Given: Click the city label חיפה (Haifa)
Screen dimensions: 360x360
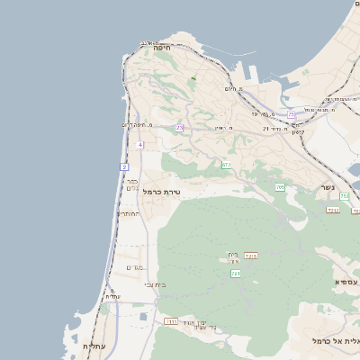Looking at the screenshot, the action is (x=162, y=47).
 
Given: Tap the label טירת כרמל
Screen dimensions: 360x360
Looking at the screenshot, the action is (x=163, y=192).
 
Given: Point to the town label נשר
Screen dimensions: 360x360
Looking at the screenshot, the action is (x=328, y=187).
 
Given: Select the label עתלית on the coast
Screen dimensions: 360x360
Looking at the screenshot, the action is (x=94, y=346).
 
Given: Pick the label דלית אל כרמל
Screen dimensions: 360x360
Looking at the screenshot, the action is (x=335, y=341).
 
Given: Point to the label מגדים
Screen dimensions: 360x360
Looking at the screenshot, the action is (x=134, y=267).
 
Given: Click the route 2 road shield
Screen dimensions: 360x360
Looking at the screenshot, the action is (x=124, y=166).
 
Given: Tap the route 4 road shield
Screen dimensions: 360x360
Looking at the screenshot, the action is (x=140, y=144).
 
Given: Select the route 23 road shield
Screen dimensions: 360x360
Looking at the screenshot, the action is (x=179, y=128).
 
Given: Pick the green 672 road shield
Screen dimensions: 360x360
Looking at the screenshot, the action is (x=226, y=165).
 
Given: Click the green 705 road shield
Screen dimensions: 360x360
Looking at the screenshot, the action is (x=280, y=187).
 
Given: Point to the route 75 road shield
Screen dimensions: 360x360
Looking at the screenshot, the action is (x=291, y=114).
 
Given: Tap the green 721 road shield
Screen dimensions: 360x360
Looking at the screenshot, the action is (x=236, y=273).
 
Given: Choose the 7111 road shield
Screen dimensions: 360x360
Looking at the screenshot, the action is (x=171, y=320).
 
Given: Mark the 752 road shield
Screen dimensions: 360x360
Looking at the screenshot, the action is (x=344, y=196).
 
